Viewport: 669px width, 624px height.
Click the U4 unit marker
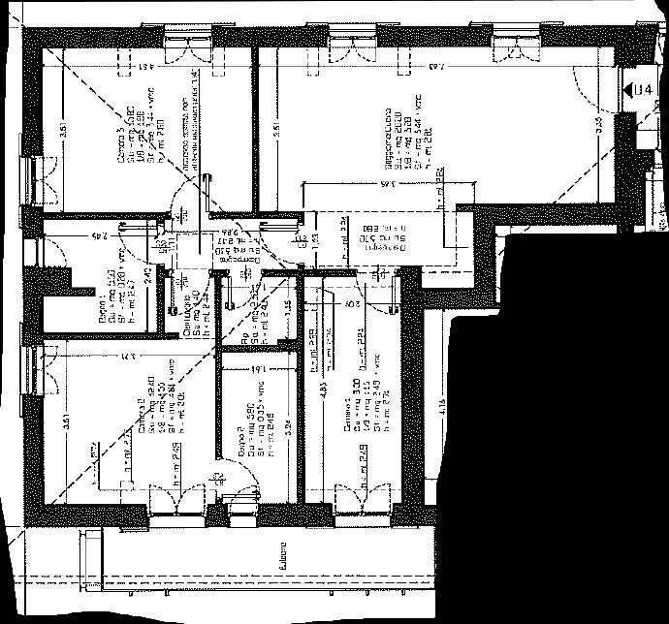640,90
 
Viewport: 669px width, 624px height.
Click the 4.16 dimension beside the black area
442,408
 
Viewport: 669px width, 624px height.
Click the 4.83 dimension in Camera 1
322,396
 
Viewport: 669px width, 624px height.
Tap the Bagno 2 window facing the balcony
238,502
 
